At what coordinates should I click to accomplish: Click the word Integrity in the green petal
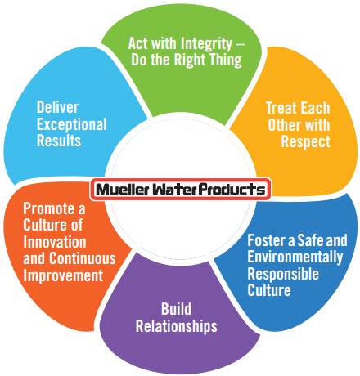click(x=206, y=44)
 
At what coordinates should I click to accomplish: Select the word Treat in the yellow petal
click(x=281, y=108)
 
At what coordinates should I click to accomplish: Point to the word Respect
click(x=305, y=141)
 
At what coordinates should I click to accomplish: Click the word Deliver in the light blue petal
click(x=58, y=107)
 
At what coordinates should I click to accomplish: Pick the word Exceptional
click(x=72, y=124)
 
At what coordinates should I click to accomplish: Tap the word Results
click(x=59, y=141)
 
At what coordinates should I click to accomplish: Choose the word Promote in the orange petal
click(x=49, y=208)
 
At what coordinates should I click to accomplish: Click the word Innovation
click(x=55, y=242)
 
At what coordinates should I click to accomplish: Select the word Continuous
click(x=83, y=258)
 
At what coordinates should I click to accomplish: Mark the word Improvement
click(x=63, y=275)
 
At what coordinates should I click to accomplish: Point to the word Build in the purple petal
click(x=176, y=309)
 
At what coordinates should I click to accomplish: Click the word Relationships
click(x=177, y=326)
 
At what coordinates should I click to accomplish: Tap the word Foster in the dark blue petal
click(x=267, y=240)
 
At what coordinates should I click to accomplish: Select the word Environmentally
click(x=295, y=257)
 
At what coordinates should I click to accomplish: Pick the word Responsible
click(x=283, y=274)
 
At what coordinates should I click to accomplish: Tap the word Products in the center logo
click(x=232, y=190)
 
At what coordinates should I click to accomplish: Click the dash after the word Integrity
click(x=240, y=44)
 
